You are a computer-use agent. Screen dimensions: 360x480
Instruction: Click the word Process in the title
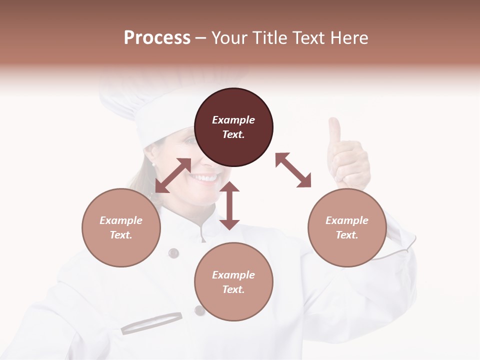[157, 38]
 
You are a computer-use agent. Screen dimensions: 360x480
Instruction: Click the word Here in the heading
[349, 38]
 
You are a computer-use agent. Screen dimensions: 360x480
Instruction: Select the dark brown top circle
[233, 127]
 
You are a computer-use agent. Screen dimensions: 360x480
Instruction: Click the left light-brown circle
[121, 227]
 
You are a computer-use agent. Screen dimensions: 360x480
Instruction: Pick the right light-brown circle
[347, 227]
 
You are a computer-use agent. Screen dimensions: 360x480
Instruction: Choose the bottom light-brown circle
[233, 282]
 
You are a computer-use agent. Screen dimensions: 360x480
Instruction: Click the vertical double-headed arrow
[229, 205]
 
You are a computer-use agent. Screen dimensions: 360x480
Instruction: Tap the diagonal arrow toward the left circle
[173, 175]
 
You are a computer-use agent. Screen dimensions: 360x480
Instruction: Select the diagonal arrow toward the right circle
[293, 170]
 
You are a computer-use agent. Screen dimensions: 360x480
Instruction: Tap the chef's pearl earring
[153, 164]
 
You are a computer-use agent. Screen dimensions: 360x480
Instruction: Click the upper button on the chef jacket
[173, 253]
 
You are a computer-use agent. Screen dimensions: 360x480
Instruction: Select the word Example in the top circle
[233, 120]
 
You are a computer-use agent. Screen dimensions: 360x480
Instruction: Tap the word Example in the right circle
[347, 220]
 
